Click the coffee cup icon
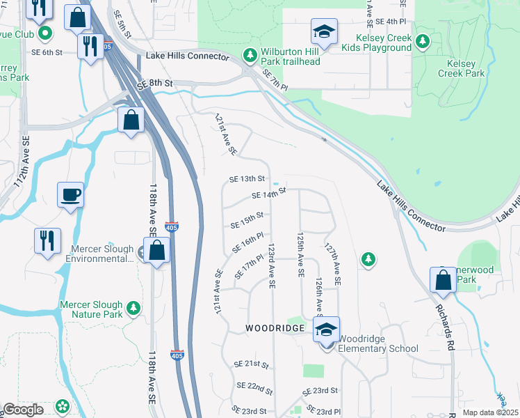71,194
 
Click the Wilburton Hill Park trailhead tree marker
249,54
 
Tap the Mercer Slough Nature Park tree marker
133,307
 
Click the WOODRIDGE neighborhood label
275,327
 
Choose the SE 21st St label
252,364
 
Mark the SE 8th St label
154,82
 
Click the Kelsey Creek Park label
460,68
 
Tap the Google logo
23,410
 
